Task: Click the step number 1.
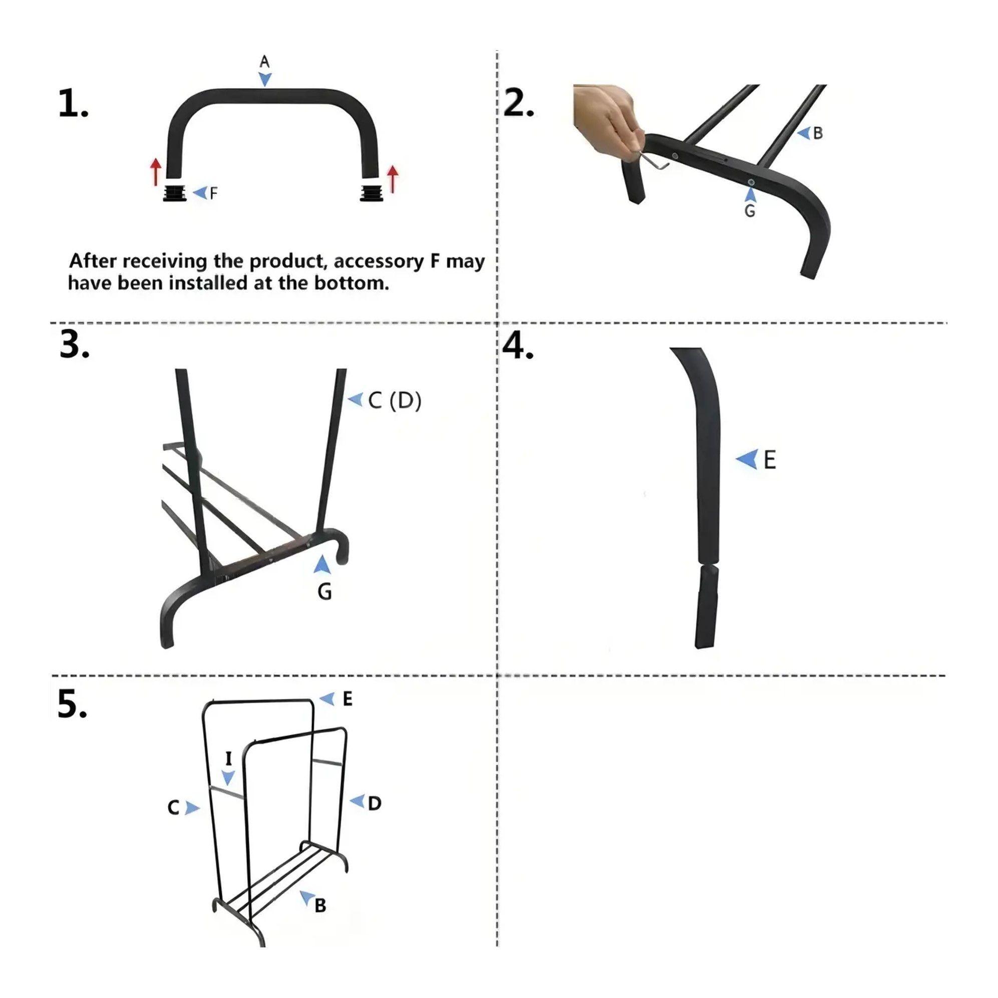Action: [73, 104]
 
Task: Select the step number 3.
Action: [75, 344]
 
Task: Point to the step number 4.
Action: [518, 345]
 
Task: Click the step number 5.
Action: [72, 704]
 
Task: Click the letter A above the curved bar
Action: [264, 62]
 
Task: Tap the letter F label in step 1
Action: [213, 193]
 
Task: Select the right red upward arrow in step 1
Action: [393, 179]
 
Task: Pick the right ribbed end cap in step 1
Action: [372, 192]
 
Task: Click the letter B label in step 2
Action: [818, 133]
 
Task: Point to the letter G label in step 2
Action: [750, 211]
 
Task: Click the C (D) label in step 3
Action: [395, 400]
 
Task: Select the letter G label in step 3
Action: [324, 591]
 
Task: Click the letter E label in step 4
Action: [770, 459]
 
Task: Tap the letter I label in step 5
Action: [229, 759]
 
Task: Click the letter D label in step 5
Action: [375, 803]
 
